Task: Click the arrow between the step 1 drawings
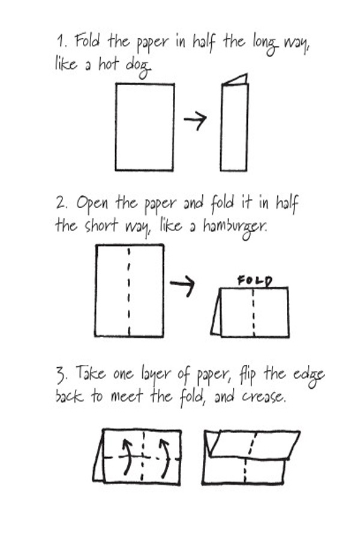point(195,121)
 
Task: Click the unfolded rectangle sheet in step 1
point(145,127)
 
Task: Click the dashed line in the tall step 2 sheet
point(129,290)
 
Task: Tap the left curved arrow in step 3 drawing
point(127,456)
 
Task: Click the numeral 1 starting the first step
point(61,42)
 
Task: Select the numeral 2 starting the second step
point(61,204)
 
